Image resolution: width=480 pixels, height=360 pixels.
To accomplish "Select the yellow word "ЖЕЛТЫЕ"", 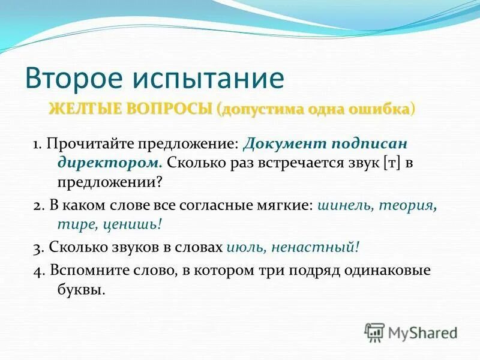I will tap(84, 110).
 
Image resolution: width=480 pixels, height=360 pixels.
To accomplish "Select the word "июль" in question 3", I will tap(247, 247).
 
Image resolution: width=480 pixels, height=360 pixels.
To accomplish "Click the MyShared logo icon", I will tap(375, 332).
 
